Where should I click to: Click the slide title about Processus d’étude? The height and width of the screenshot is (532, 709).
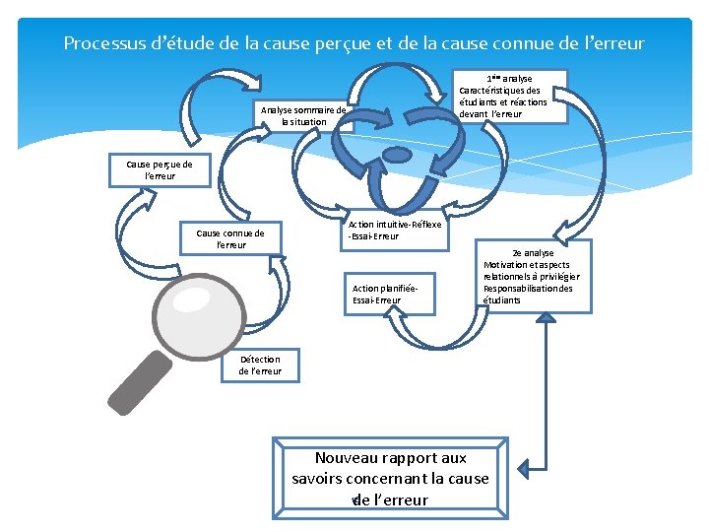[354, 43]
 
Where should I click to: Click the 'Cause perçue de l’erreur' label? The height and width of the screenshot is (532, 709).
[159, 169]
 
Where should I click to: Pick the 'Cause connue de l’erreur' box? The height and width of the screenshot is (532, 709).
[230, 238]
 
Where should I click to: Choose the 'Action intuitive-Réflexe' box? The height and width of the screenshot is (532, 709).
[395, 231]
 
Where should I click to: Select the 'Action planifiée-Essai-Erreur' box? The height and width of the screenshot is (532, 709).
[388, 294]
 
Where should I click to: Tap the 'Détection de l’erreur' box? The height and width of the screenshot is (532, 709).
[260, 366]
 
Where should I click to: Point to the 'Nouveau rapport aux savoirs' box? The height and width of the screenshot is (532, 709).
[390, 479]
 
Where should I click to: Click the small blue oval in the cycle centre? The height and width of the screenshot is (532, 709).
[395, 155]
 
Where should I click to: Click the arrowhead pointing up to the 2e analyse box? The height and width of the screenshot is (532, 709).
[542, 324]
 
